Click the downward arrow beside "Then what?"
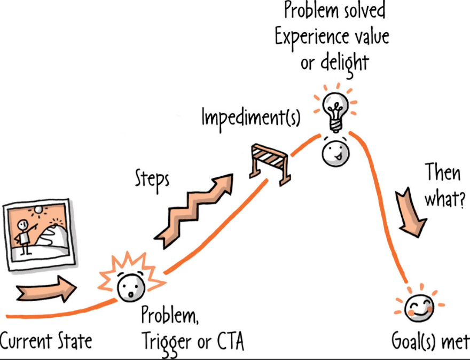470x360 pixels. click(x=411, y=212)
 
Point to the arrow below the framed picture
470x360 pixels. click(x=46, y=289)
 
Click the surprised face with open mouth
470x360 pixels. click(x=131, y=287)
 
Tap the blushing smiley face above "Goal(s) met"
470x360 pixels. click(x=419, y=308)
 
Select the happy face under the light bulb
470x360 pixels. click(x=335, y=153)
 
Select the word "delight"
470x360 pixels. click(x=344, y=63)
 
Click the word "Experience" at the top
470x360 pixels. click(x=312, y=37)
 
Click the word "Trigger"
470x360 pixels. click(x=167, y=343)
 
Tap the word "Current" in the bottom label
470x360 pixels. click(x=26, y=341)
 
